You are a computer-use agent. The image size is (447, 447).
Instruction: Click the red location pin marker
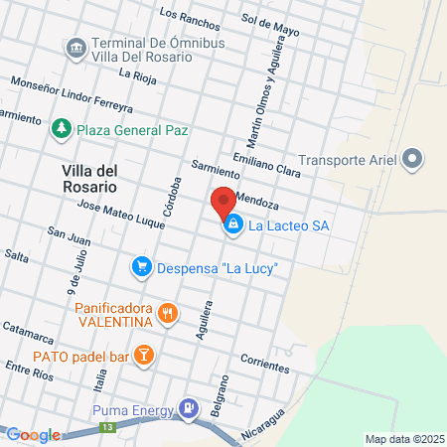coord(223,202)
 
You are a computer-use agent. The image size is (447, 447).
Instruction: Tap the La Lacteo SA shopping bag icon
coord(232,225)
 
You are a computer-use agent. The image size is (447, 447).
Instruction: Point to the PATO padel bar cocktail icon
coord(143,354)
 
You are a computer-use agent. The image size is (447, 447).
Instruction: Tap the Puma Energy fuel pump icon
coord(187,407)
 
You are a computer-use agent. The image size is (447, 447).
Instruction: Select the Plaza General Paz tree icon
coord(62,129)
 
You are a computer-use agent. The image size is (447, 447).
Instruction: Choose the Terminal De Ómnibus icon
coord(75,47)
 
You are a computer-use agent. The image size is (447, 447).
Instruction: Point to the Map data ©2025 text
coord(402,439)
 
